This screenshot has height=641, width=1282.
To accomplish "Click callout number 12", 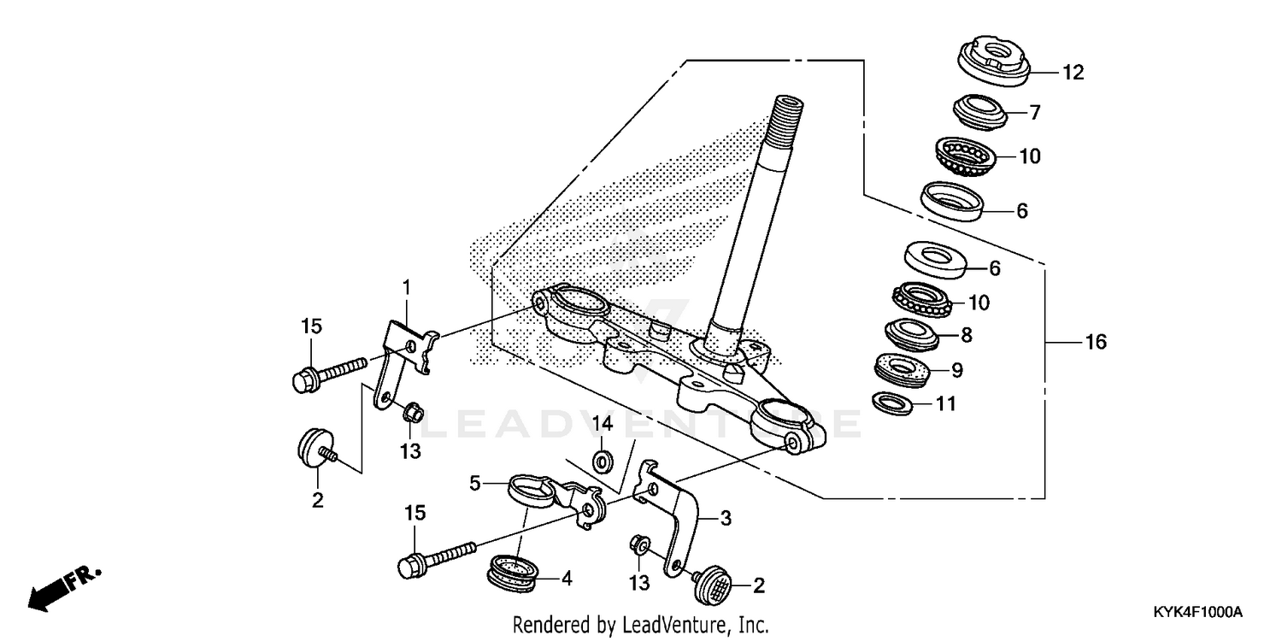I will (1073, 73).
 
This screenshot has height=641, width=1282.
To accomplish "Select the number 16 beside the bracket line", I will (1095, 343).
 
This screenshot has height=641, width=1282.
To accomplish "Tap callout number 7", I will (1034, 112).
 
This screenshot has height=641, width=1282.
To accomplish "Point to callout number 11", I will (945, 403).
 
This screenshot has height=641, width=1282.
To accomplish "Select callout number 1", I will (407, 287).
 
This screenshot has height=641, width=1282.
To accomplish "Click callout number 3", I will (725, 517).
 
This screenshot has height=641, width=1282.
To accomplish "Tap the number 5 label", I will (475, 483).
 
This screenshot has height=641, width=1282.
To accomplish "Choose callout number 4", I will (565, 577).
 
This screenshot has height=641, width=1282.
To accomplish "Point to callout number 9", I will (956, 370).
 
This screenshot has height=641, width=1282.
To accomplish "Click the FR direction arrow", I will (64, 585).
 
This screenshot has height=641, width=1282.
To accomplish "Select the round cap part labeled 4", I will (514, 571).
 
